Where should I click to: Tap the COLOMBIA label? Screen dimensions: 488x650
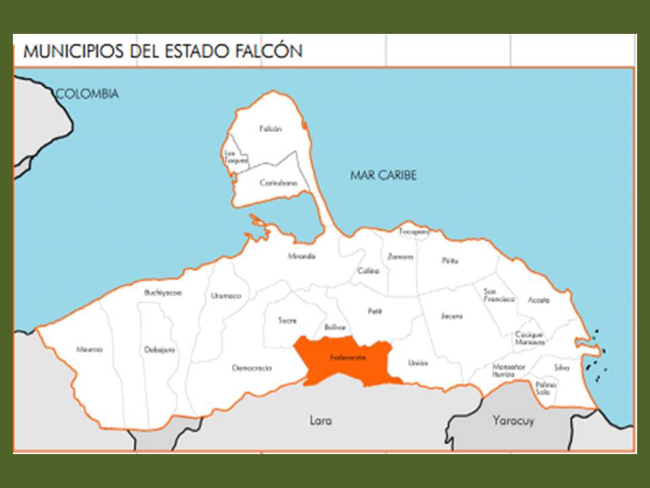[x=87, y=94]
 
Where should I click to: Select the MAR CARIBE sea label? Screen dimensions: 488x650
[x=383, y=176]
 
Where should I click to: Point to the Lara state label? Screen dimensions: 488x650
[x=320, y=420]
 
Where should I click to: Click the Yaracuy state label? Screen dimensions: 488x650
[x=513, y=420]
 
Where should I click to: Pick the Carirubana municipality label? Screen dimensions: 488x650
[x=278, y=183]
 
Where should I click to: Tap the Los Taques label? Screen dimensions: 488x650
[x=236, y=157]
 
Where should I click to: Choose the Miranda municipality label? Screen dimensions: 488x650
[x=301, y=256]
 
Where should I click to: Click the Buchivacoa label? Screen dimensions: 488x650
[x=163, y=293]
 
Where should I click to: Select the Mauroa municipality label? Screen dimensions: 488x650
[x=89, y=350]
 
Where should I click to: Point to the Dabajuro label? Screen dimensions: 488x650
[x=160, y=350]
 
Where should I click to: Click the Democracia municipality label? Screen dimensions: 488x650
[x=252, y=368]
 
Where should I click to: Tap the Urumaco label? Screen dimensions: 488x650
[x=225, y=296]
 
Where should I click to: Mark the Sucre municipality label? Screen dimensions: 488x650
[x=287, y=320]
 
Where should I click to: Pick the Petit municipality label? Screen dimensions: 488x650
[x=375, y=312]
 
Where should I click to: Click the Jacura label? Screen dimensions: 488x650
[x=452, y=316]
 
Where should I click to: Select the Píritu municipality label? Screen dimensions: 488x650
[x=450, y=260]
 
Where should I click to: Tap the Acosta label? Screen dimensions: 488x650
[x=539, y=300]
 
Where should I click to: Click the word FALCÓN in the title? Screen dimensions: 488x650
[x=269, y=52]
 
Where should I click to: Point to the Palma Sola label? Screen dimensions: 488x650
[x=546, y=388]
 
